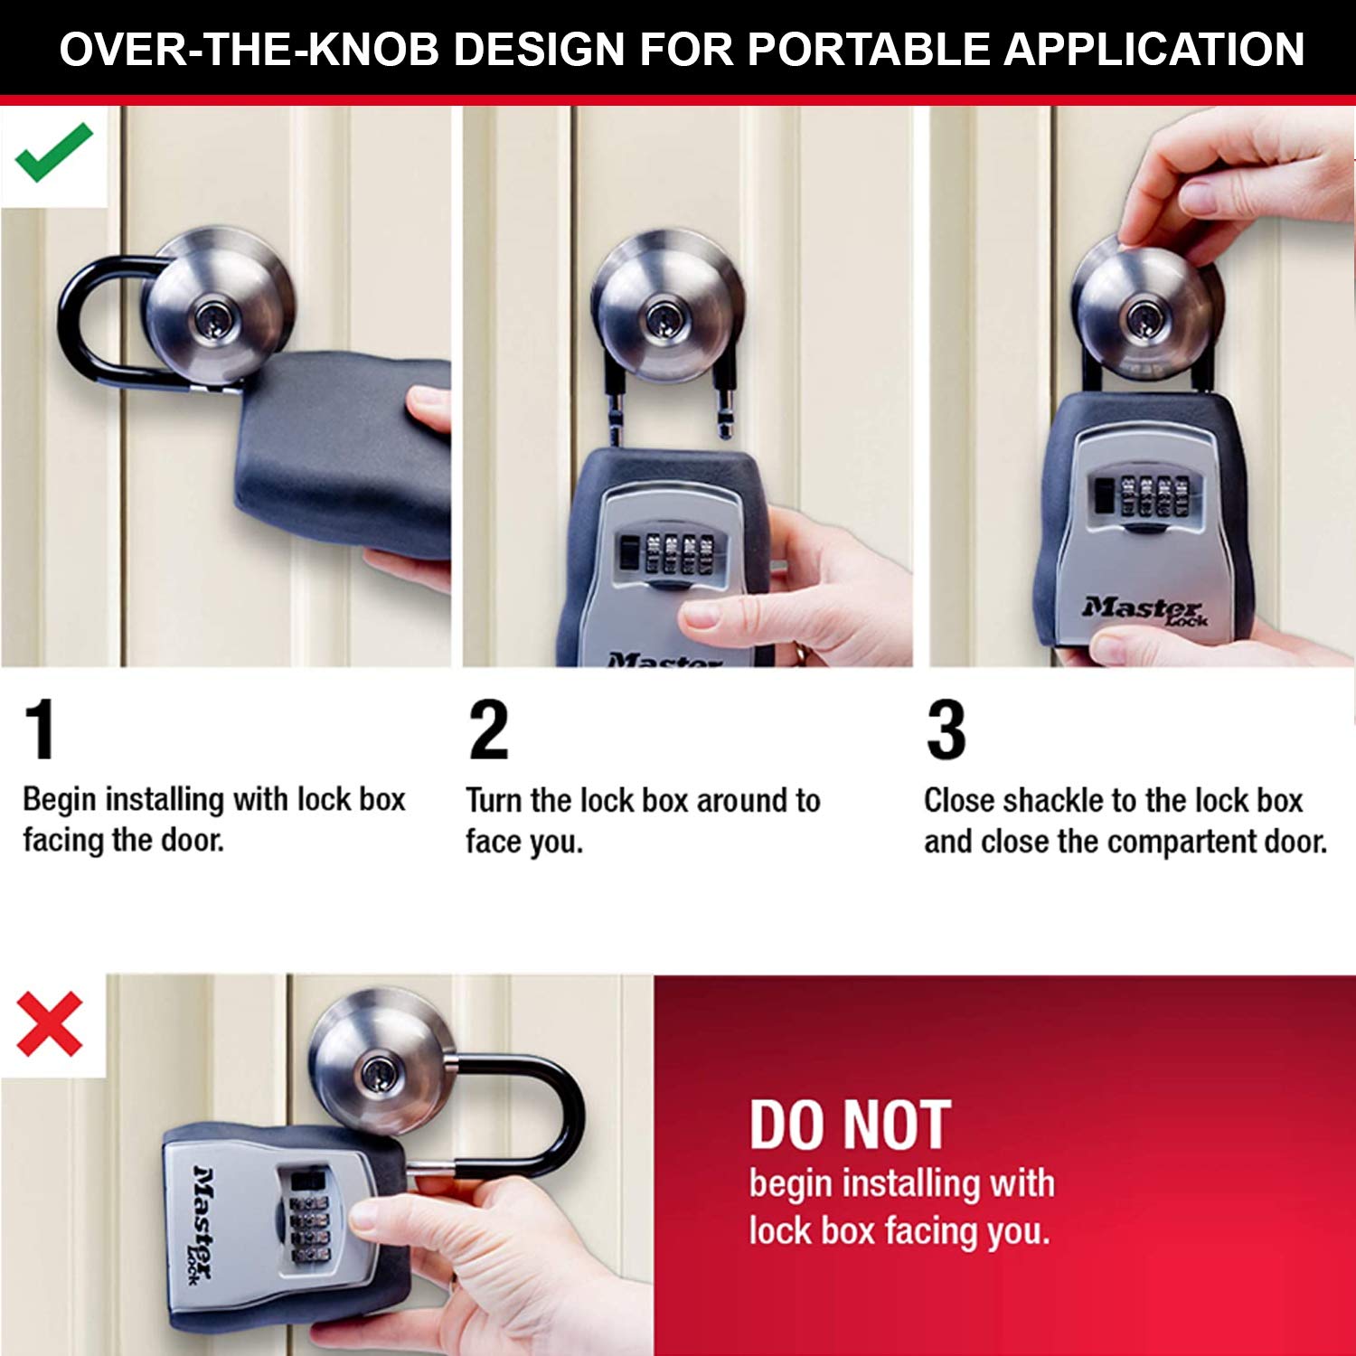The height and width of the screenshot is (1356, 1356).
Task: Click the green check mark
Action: coord(53,152)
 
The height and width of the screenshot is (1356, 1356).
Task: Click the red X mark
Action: coord(50,1024)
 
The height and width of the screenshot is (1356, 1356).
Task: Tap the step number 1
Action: coord(40,730)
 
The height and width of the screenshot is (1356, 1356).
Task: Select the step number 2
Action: coord(488,730)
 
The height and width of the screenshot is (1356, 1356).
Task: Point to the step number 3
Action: coord(946,730)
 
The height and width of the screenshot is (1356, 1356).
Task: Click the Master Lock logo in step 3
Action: coord(1144,611)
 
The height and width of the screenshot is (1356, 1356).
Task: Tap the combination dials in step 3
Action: coord(1147,496)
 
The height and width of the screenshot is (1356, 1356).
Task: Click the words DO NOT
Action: coord(850,1125)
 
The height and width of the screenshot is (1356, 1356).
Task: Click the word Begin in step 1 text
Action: coord(60,800)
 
